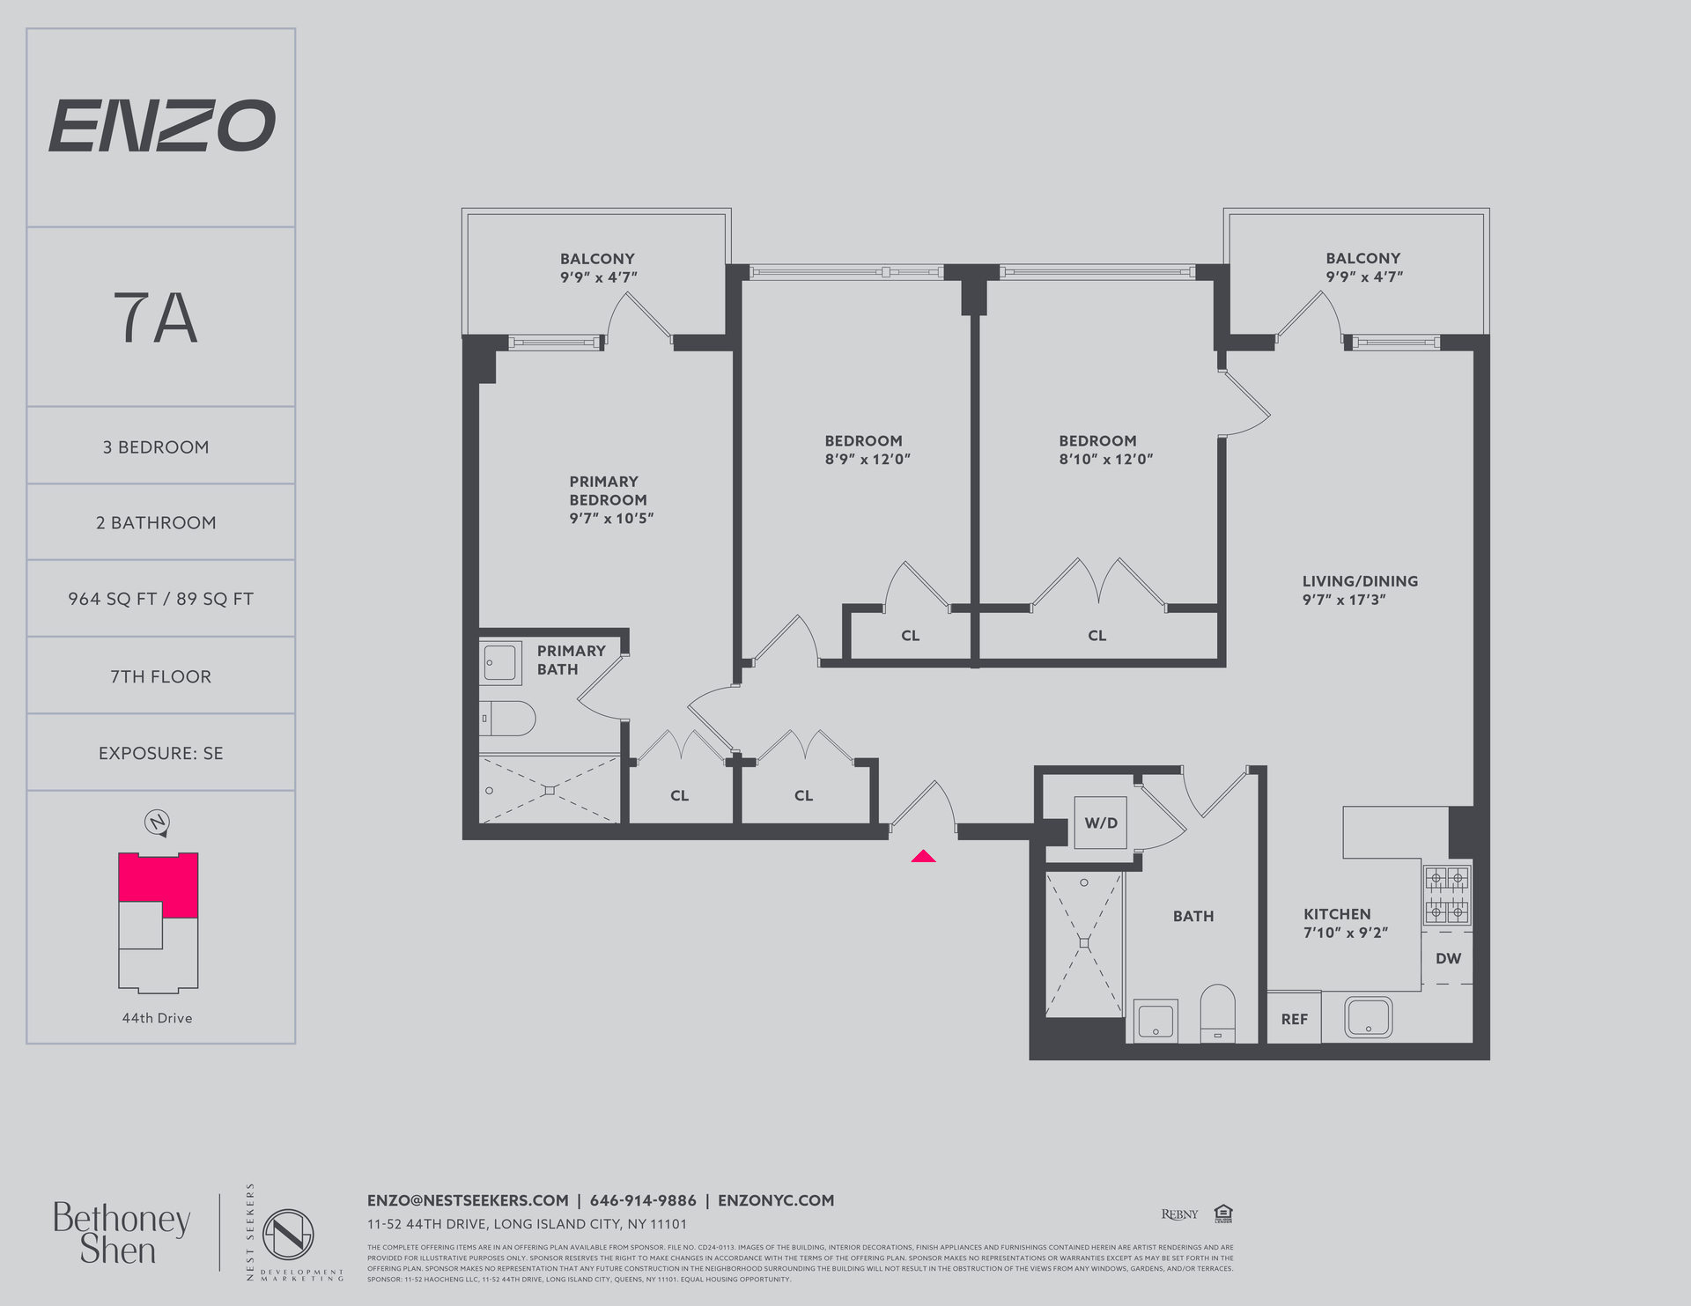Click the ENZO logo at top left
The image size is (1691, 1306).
click(161, 126)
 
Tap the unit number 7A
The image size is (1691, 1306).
click(156, 319)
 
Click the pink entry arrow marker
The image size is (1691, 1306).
click(923, 856)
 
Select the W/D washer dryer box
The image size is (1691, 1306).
click(1100, 823)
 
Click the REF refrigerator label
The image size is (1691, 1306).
click(1294, 1019)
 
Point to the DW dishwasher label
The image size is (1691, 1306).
click(1448, 958)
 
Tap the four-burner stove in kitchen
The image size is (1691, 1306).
click(1447, 896)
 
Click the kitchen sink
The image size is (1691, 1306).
click(1368, 1017)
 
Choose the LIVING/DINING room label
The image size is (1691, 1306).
click(1360, 581)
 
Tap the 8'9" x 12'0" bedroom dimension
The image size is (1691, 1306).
click(868, 459)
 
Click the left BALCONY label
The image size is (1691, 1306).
click(597, 259)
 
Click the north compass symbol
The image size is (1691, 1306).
click(157, 823)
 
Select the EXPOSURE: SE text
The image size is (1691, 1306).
click(160, 753)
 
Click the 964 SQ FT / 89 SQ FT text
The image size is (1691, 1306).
click(160, 599)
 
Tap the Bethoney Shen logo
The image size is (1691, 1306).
click(122, 1233)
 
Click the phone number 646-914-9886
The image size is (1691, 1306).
click(643, 1200)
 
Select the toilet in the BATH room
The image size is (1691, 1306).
click(1218, 1013)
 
